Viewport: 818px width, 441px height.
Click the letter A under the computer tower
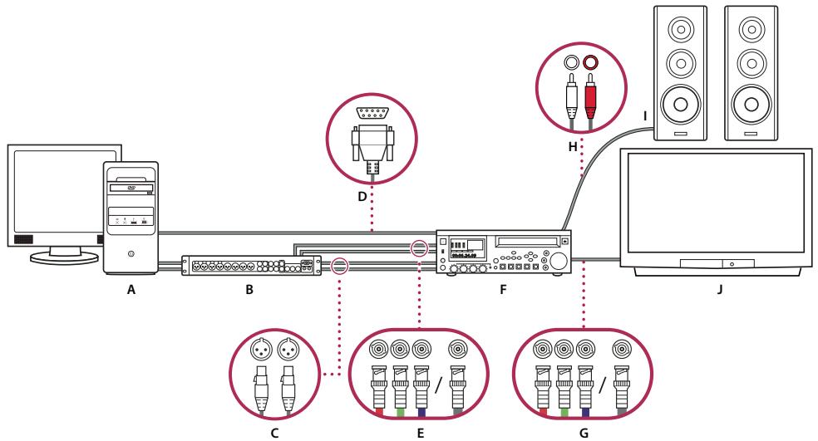click(131, 292)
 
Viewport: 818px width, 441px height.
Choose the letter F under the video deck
click(502, 292)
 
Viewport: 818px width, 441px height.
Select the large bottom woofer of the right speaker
click(751, 105)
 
